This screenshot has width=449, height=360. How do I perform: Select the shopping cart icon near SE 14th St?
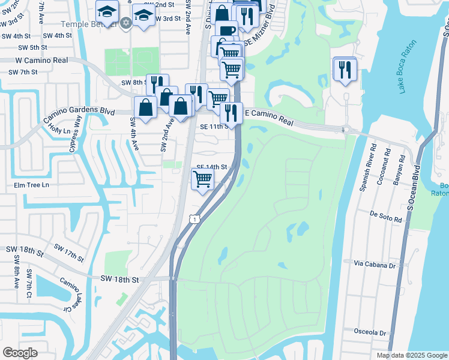coord(203,178)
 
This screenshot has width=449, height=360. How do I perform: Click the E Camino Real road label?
coord(269,117)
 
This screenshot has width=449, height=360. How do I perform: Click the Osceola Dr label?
coord(370,332)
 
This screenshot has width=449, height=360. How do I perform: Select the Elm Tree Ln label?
coord(32,185)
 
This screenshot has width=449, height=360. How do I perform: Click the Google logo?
coord(20,352)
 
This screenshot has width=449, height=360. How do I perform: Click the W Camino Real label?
coord(41,61)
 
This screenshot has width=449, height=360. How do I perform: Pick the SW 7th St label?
coord(23,72)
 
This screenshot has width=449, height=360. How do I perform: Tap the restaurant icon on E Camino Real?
coord(231,112)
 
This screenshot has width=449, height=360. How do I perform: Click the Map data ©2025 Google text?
coord(411,355)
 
